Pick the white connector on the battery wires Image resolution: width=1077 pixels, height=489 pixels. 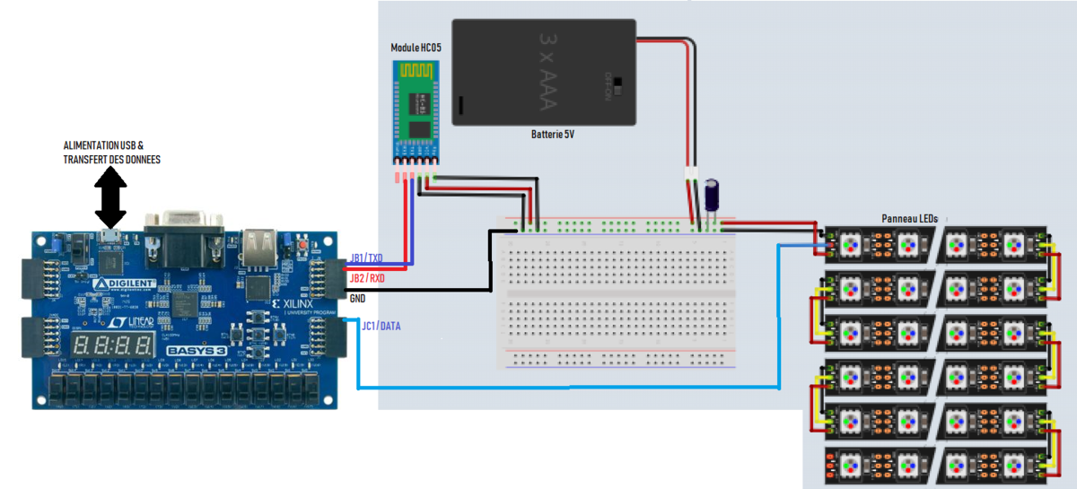(x=690, y=173)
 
